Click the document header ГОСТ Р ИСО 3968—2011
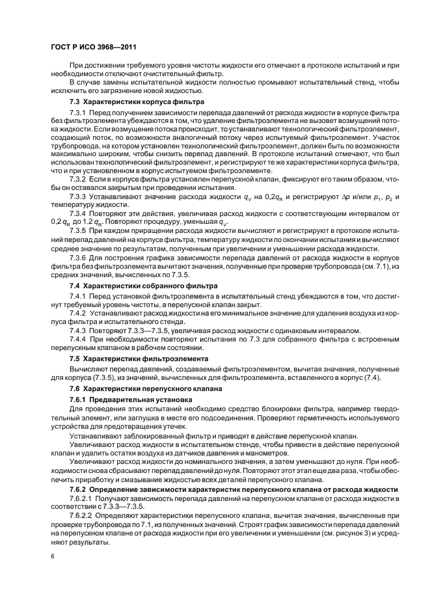(92, 47)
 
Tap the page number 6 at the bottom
(52, 557)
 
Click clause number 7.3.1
(79, 114)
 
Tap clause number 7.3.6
(79, 257)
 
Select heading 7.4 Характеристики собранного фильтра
(144, 286)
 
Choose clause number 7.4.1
(79, 297)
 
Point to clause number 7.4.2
(79, 313)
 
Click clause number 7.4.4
(79, 339)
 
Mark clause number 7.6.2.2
(83, 514)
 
